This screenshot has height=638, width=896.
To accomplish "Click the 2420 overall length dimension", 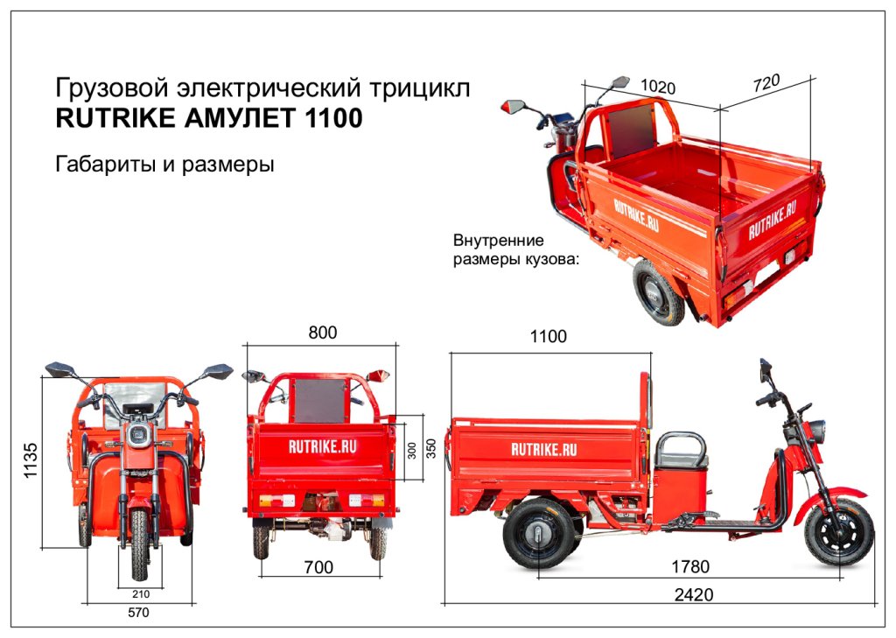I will point(694,595).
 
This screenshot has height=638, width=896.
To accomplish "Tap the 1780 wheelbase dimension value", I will point(690,566).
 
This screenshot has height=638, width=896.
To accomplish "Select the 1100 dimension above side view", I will point(549,336).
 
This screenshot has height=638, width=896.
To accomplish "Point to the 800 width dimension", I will point(322,333).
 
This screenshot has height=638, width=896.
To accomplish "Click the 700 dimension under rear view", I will point(318,568).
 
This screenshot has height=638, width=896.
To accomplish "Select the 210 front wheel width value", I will point(138,593).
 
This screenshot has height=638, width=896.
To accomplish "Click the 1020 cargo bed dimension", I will point(658,87).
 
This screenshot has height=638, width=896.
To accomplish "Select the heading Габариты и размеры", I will point(164,165).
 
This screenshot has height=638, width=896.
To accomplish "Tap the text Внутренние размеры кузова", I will point(511,249).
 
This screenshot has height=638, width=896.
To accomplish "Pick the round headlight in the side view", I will point(821,431).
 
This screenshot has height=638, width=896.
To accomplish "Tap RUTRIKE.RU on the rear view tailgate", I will point(321,445).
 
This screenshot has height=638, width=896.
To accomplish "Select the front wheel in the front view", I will point(139,543).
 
